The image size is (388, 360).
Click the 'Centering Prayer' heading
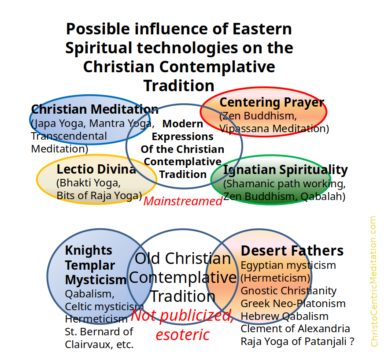pyautogui.click(x=272, y=103)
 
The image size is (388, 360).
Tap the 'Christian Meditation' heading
pyautogui.click(x=95, y=109)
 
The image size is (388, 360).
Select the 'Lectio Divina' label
pyautogui.click(x=96, y=169)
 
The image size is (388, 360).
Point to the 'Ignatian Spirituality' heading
pyautogui.click(x=285, y=170)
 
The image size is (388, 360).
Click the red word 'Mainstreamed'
pyautogui.click(x=183, y=201)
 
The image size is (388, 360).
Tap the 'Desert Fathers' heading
pyautogui.click(x=292, y=251)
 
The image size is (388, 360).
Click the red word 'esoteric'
pyautogui.click(x=183, y=334)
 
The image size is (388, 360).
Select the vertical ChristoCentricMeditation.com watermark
pyautogui.click(x=373, y=282)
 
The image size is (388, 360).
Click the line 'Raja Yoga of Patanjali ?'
pyautogui.click(x=297, y=341)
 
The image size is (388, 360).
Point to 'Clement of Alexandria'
pyautogui.click(x=295, y=329)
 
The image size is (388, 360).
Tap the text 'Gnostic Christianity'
pyautogui.click(x=288, y=291)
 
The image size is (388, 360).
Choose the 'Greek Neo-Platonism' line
pyautogui.click(x=293, y=304)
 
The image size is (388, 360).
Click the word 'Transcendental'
pyautogui.click(x=69, y=136)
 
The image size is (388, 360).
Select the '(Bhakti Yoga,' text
pyautogui.click(x=89, y=183)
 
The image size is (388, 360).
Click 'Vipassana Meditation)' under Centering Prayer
pyautogui.click(x=274, y=129)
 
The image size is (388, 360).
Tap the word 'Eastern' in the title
pyautogui.click(x=262, y=29)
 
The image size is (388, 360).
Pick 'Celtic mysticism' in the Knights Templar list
pyautogui.click(x=104, y=307)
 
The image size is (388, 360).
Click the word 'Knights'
pyautogui.click(x=89, y=251)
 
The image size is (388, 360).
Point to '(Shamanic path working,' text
pyautogui.click(x=285, y=184)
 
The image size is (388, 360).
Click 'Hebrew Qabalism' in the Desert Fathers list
pyautogui.click(x=285, y=316)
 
